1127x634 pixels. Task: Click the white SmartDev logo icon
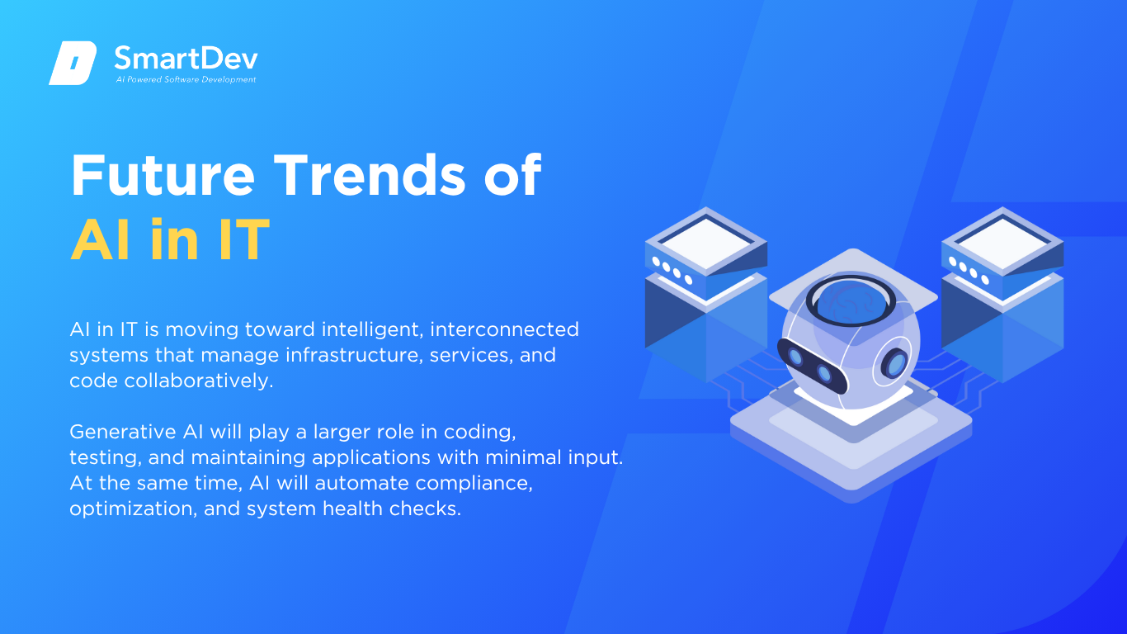(73, 63)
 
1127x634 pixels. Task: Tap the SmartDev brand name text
(186, 59)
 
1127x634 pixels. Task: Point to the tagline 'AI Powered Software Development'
(186, 79)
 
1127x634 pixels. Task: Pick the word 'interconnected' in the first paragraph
(504, 329)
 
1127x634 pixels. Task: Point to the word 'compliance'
(474, 484)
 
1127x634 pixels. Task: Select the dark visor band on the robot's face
(812, 366)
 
